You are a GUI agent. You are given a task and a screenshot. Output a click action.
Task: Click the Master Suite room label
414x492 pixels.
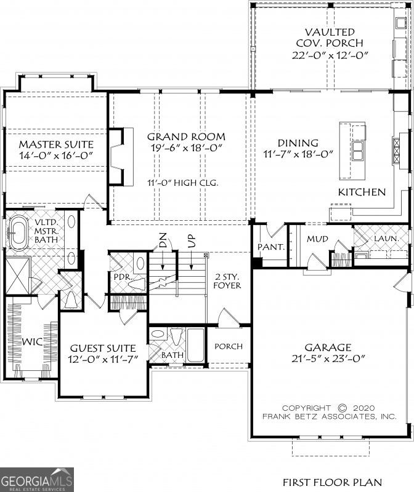55,144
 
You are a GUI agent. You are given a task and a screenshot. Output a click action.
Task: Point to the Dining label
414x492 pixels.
298,143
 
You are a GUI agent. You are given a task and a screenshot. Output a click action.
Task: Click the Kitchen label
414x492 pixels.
362,192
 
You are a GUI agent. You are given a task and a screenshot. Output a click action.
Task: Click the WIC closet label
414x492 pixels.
32,341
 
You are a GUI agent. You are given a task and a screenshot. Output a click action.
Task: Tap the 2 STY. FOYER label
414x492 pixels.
227,298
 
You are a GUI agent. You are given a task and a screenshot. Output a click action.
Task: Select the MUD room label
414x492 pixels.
318,239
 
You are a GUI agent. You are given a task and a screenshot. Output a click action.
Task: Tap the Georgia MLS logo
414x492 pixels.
37,479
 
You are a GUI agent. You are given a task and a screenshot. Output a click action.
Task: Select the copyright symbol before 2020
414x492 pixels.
343,408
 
